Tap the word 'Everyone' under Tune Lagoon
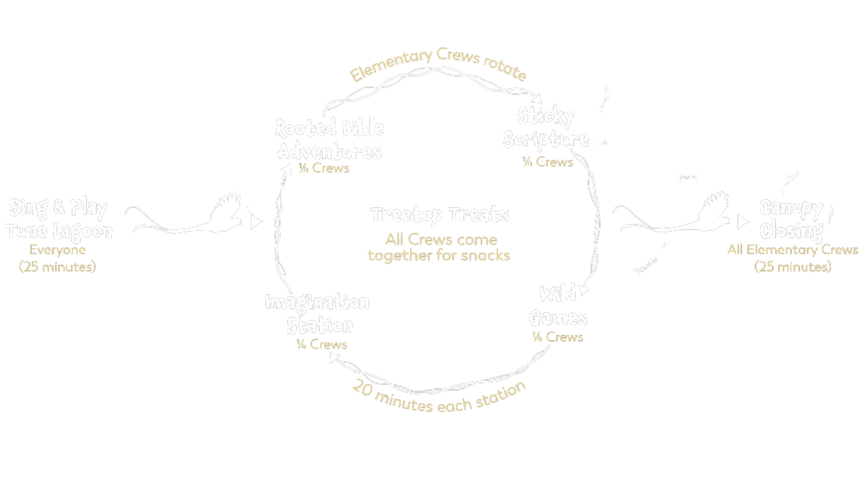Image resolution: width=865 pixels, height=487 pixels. (58, 250)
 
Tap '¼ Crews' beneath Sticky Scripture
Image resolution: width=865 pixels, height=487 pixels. (548, 162)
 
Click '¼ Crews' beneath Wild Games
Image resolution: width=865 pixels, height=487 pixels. (558, 337)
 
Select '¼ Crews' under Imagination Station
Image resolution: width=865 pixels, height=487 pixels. (322, 345)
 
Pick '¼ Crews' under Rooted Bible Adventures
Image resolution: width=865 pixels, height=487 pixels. (324, 168)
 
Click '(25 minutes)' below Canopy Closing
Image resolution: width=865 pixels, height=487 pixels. (793, 267)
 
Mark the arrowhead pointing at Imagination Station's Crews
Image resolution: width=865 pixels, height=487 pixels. (334, 357)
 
